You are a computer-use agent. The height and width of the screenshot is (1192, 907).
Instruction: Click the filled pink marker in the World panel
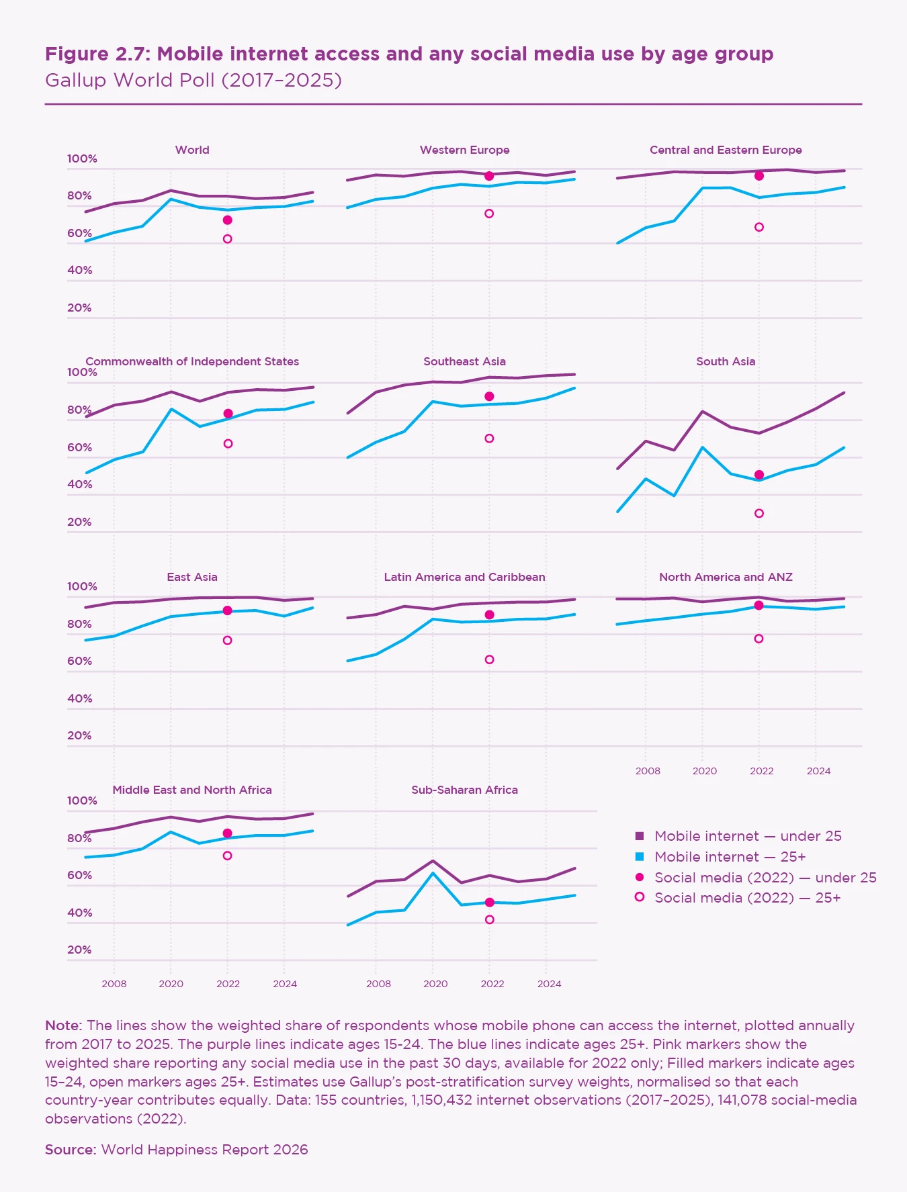[228, 220]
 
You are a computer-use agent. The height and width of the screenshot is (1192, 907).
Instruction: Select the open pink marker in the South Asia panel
[759, 514]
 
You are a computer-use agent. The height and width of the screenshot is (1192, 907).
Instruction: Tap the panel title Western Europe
[464, 150]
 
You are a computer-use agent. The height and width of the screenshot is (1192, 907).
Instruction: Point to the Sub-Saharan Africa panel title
[464, 790]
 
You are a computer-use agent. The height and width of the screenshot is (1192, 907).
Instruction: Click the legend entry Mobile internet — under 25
[748, 836]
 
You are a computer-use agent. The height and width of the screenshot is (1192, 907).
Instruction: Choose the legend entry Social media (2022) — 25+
[747, 898]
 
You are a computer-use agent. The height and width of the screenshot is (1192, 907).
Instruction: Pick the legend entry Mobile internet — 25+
[730, 857]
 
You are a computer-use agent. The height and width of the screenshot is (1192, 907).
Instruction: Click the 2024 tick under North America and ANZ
[818, 771]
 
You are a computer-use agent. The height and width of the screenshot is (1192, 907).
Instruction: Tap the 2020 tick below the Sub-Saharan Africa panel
[435, 984]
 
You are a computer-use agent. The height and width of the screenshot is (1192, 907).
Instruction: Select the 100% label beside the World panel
[82, 159]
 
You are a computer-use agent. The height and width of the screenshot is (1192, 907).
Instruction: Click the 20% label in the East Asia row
[79, 736]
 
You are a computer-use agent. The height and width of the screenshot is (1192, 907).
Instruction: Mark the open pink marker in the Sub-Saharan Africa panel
[490, 919]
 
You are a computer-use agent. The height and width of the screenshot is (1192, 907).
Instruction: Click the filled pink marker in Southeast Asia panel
[490, 397]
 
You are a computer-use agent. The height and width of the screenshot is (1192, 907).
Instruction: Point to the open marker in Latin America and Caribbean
[490, 660]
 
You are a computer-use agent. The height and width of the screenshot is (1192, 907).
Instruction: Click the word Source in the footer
[71, 1150]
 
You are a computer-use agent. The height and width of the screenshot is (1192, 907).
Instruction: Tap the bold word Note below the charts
[62, 1025]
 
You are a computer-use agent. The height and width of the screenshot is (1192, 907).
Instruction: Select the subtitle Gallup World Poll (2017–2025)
[193, 81]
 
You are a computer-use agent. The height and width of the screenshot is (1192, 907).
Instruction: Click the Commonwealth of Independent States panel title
[192, 362]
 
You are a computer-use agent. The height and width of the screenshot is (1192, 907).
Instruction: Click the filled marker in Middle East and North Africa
[228, 833]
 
